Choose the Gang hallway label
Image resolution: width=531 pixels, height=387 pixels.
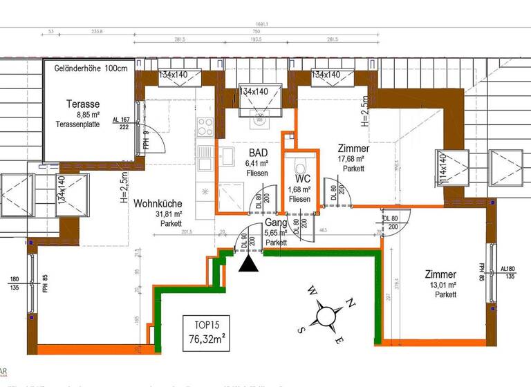tap(276, 223)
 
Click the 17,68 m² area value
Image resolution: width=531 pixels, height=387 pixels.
tap(353, 158)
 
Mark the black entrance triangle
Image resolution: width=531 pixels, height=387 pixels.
tap(250, 262)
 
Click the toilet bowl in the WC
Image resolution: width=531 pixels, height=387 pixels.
tap(299, 167)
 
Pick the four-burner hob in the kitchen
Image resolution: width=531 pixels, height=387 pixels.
tap(206, 126)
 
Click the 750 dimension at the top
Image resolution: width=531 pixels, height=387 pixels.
tap(257, 31)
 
